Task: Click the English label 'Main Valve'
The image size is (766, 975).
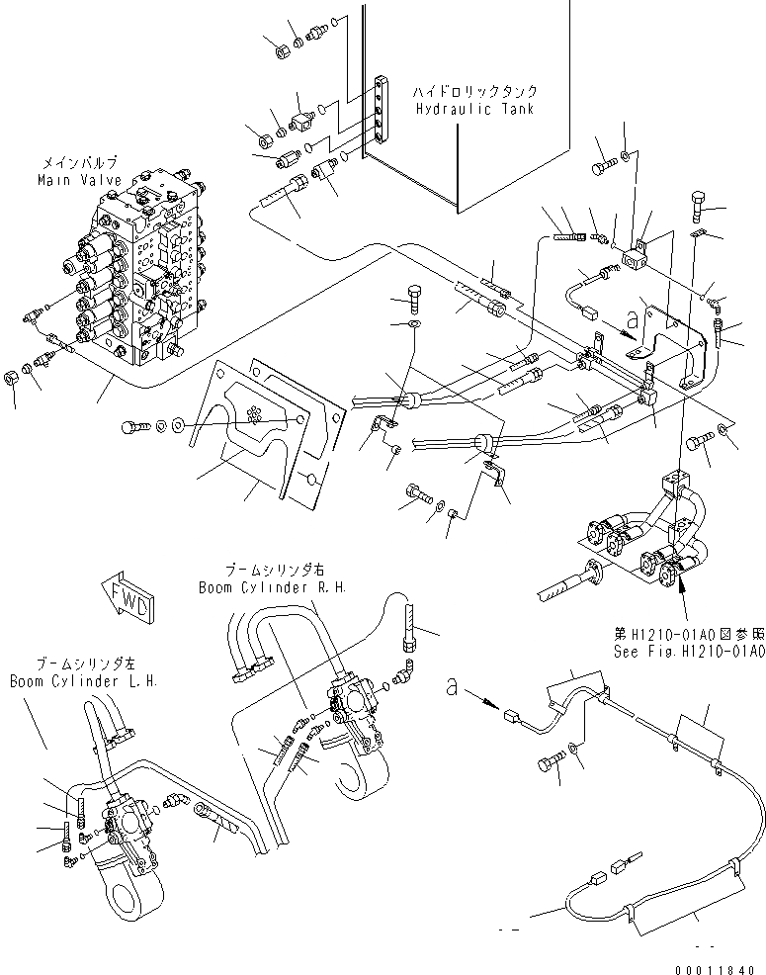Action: click(79, 181)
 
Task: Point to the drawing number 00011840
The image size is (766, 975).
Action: click(713, 961)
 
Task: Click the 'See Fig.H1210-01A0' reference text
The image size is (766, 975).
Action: click(690, 651)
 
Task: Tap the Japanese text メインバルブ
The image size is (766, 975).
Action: click(79, 164)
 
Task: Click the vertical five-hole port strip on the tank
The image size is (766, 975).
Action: click(381, 114)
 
